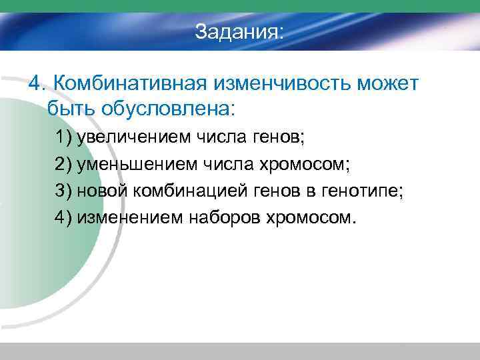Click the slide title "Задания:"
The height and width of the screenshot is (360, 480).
[x=239, y=32]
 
